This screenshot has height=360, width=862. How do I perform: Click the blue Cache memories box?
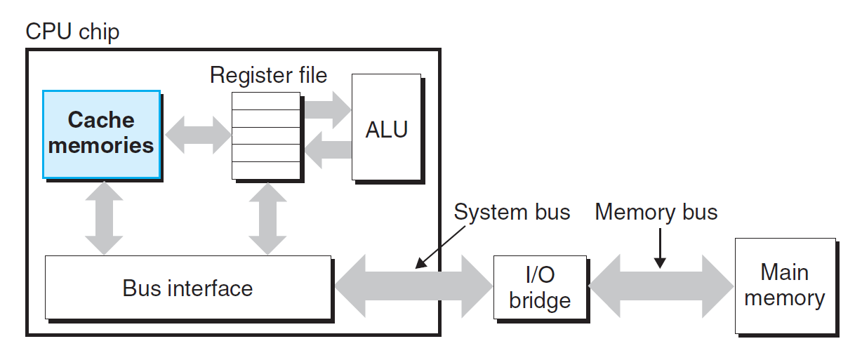click(102, 133)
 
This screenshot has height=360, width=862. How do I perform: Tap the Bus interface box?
click(187, 287)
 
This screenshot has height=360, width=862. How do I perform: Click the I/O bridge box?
click(540, 287)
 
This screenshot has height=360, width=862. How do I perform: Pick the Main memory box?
click(785, 286)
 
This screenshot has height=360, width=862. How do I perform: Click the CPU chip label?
click(72, 32)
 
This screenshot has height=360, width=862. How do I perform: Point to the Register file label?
click(268, 75)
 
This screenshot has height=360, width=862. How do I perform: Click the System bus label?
click(512, 212)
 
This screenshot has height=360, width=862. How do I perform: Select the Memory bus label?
click(656, 212)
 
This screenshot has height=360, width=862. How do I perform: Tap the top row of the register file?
click(266, 101)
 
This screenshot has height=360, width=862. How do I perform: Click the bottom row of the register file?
click(266, 171)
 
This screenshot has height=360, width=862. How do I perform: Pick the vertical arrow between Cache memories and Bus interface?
click(104, 218)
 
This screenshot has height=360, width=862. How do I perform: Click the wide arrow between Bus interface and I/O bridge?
click(413, 286)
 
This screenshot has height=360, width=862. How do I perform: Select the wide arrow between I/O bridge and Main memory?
click(661, 286)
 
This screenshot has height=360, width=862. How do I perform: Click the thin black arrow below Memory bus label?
click(660, 249)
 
